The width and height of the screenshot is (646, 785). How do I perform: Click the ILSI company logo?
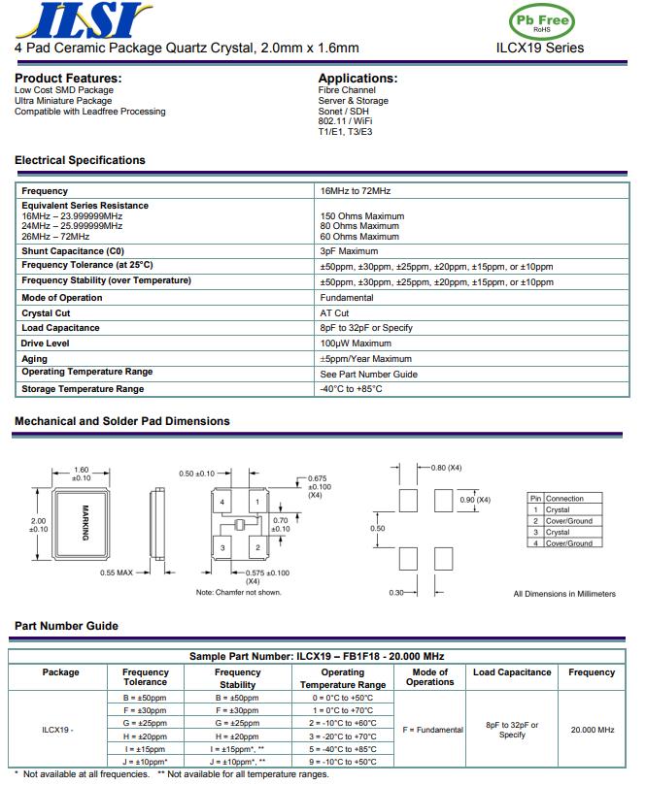click(83, 19)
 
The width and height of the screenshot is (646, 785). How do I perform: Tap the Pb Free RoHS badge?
click(541, 20)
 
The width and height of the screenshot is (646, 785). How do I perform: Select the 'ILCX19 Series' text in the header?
click(540, 48)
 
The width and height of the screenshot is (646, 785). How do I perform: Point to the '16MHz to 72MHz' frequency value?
click(356, 191)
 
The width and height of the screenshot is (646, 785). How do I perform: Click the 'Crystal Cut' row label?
click(46, 313)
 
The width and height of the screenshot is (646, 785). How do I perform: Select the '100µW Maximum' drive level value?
click(356, 343)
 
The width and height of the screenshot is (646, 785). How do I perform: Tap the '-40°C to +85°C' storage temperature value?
click(352, 389)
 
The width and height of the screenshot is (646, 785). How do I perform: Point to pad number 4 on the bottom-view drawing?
click(222, 502)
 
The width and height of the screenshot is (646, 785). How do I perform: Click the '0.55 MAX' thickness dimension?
click(117, 572)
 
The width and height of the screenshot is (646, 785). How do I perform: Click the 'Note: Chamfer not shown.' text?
click(239, 592)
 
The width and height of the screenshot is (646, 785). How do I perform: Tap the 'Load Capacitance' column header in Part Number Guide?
click(511, 672)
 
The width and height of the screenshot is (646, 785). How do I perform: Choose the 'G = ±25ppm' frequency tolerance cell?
click(146, 723)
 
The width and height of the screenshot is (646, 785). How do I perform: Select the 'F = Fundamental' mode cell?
click(430, 730)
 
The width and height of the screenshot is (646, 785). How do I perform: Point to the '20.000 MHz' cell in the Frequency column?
click(592, 730)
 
